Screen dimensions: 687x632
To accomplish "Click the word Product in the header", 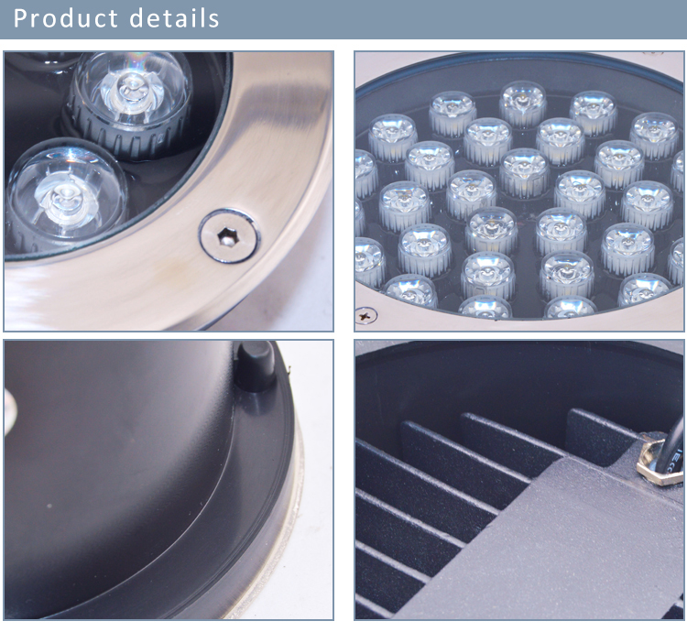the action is point(66,18).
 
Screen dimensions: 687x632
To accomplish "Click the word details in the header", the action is point(174,18).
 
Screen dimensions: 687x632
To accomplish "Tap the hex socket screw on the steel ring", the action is point(229,236).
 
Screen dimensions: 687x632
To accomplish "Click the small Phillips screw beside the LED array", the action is point(365,315).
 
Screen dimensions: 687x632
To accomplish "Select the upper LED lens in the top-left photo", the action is point(131,103).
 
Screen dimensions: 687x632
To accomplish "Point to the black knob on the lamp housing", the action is point(255,365).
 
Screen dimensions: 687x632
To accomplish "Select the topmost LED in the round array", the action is point(523,104).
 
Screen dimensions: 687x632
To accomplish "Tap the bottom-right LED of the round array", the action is point(643,289).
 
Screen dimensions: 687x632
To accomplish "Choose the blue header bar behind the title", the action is point(343,19).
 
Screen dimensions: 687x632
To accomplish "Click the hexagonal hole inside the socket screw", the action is point(226,237).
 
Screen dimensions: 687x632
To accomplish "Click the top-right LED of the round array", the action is point(655,135).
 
